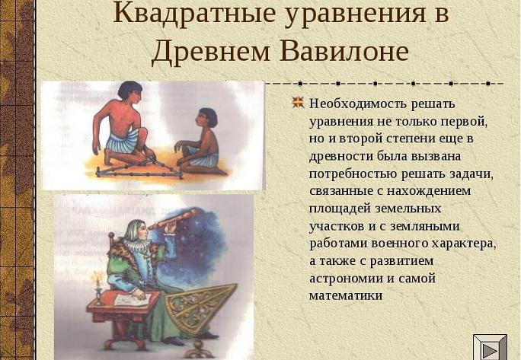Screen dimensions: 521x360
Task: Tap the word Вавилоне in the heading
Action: click(344, 51)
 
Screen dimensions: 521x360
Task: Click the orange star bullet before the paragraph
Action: click(298, 103)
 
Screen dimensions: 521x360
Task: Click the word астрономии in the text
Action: click(347, 279)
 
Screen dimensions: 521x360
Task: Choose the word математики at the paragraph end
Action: click(346, 295)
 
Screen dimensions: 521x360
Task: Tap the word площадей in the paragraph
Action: click(340, 209)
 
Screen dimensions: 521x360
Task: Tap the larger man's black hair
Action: click(129, 90)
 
